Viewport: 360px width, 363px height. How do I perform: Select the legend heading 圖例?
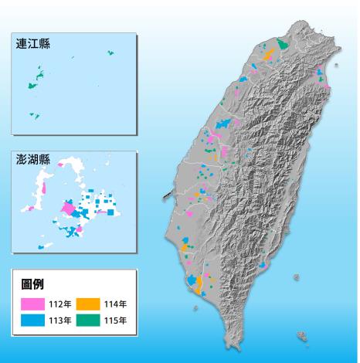point(32,285)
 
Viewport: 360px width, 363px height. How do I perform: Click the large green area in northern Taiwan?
point(284,44)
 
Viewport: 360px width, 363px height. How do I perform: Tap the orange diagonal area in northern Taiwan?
point(268,56)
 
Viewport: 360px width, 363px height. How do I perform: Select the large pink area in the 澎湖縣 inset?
point(67,209)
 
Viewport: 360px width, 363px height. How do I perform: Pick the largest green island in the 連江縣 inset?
point(34,86)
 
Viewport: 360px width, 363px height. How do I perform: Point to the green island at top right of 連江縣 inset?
point(110,53)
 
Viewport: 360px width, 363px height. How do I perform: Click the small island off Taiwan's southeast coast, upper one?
point(297,276)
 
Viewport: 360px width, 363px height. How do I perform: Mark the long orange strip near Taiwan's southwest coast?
point(199,284)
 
